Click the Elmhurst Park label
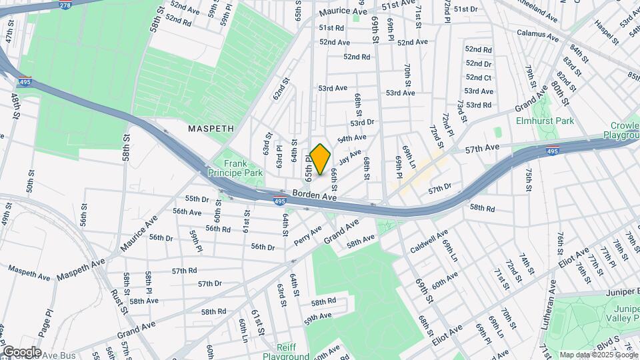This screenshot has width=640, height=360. [x=545, y=121]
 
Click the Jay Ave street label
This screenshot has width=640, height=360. [x=349, y=160]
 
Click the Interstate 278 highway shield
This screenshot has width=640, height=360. [x=65, y=5]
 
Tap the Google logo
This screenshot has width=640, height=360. [x=22, y=352]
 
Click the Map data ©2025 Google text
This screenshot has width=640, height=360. [x=599, y=355]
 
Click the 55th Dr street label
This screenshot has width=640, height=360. [x=197, y=199]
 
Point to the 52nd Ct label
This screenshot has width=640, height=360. [x=479, y=77]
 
